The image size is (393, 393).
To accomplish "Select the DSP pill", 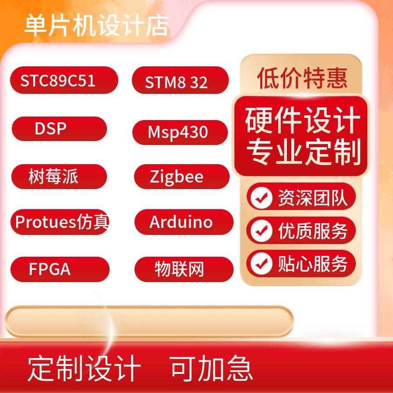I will click(59, 129).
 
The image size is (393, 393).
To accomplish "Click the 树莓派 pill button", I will click(59, 177).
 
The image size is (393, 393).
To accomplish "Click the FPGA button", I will click(59, 269).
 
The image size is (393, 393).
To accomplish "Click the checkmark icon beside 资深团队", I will click(261, 197).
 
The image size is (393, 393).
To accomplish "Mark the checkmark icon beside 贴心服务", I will click(261, 263).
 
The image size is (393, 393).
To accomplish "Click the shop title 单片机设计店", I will click(96, 25).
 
